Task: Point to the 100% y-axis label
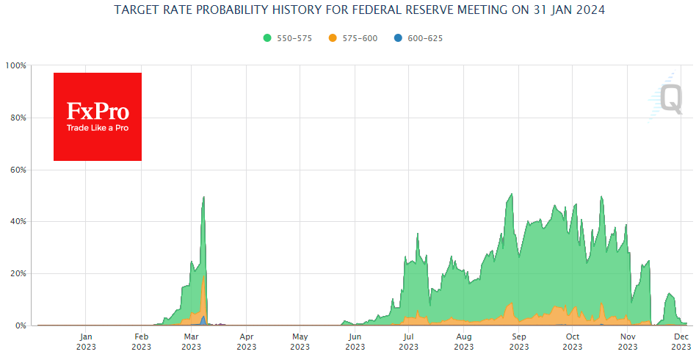(15, 65)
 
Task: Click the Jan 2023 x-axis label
(85, 342)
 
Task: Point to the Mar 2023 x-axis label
(191, 342)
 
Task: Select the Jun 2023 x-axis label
(355, 342)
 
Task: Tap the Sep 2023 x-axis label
(519, 342)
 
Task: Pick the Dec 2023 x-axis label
(681, 342)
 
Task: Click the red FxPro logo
(98, 116)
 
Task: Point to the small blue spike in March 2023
(203, 320)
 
